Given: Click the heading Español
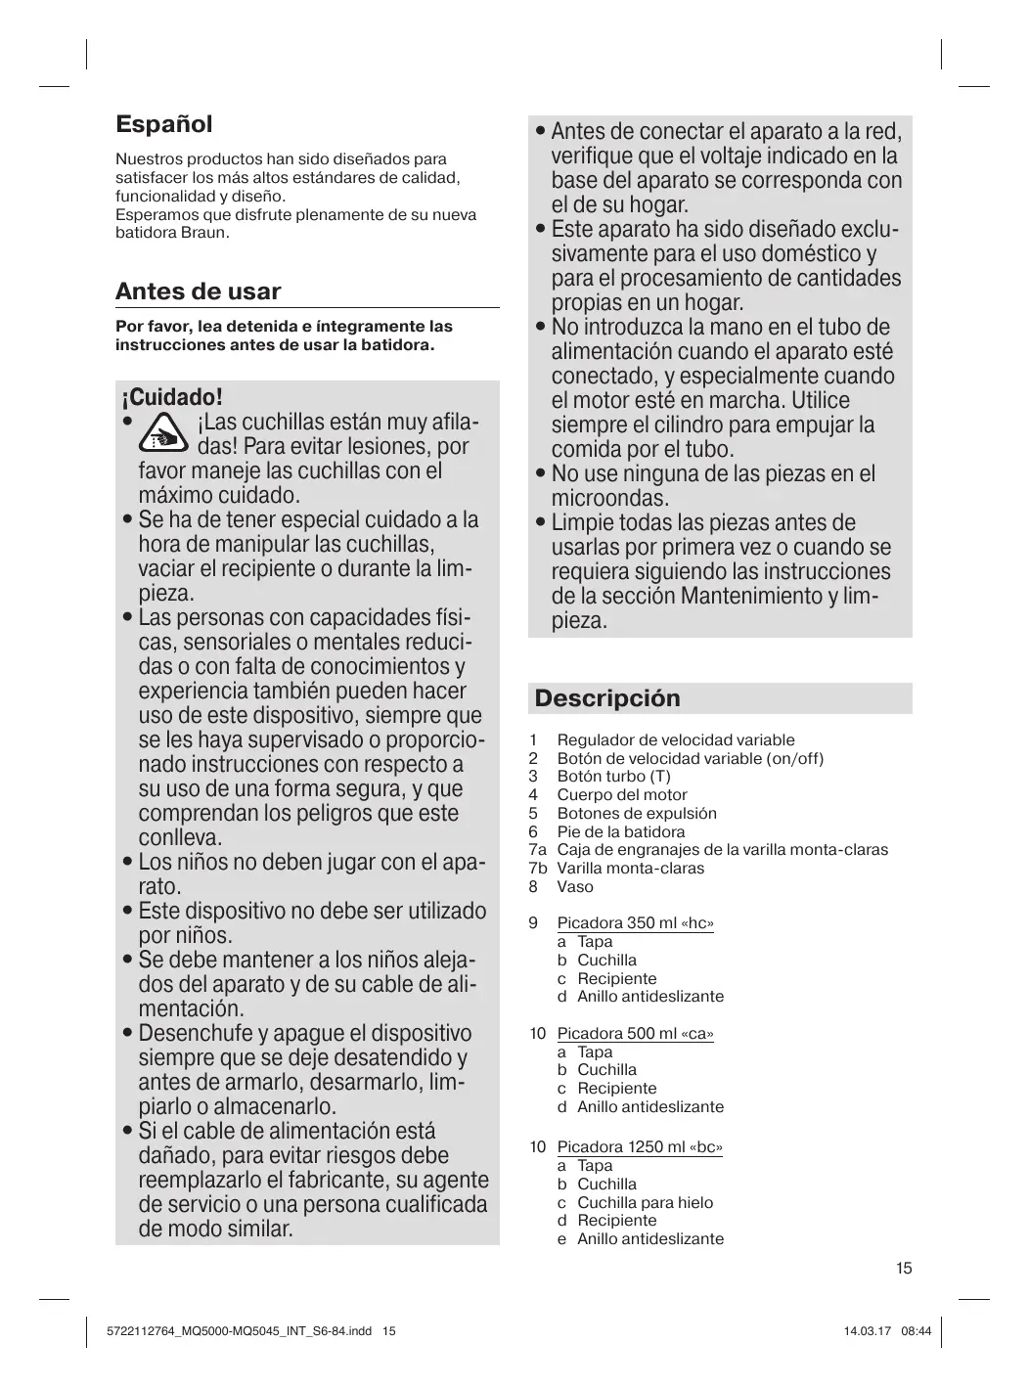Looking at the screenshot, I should click(x=163, y=124).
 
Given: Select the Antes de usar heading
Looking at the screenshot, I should click(x=198, y=291).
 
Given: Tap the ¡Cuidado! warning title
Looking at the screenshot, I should click(x=172, y=397).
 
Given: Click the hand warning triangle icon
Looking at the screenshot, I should click(x=164, y=433).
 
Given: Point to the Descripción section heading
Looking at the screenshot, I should click(x=607, y=698).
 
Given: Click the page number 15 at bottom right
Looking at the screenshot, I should click(x=903, y=1269).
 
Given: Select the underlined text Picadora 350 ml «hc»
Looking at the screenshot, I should click(x=635, y=923).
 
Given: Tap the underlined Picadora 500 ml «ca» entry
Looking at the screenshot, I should click(x=635, y=1034).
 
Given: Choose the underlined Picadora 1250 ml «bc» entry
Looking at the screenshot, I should click(x=640, y=1147).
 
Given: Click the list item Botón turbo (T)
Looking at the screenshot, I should click(x=613, y=777).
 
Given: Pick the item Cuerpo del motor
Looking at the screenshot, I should click(x=621, y=795).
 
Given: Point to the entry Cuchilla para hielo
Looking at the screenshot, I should click(x=645, y=1203).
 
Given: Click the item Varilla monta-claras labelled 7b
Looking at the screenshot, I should click(x=630, y=869).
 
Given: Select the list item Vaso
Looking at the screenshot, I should click(x=575, y=887).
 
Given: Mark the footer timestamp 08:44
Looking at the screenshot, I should click(x=917, y=1331).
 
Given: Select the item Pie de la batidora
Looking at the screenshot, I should click(x=620, y=832).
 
